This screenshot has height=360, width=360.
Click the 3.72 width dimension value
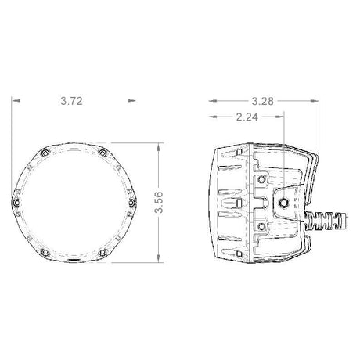click(72, 101)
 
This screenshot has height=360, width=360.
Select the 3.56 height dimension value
click(158, 203)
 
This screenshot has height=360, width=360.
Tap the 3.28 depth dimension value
click(263, 101)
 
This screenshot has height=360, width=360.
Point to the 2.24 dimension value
click(247, 117)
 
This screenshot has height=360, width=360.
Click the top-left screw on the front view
click(46, 153)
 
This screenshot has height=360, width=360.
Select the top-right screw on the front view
click(103, 153)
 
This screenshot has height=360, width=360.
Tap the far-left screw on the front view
click(16, 203)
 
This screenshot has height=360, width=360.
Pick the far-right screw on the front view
click(132, 203)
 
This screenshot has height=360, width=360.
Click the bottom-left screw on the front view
click(46, 252)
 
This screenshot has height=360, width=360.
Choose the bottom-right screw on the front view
click(103, 252)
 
